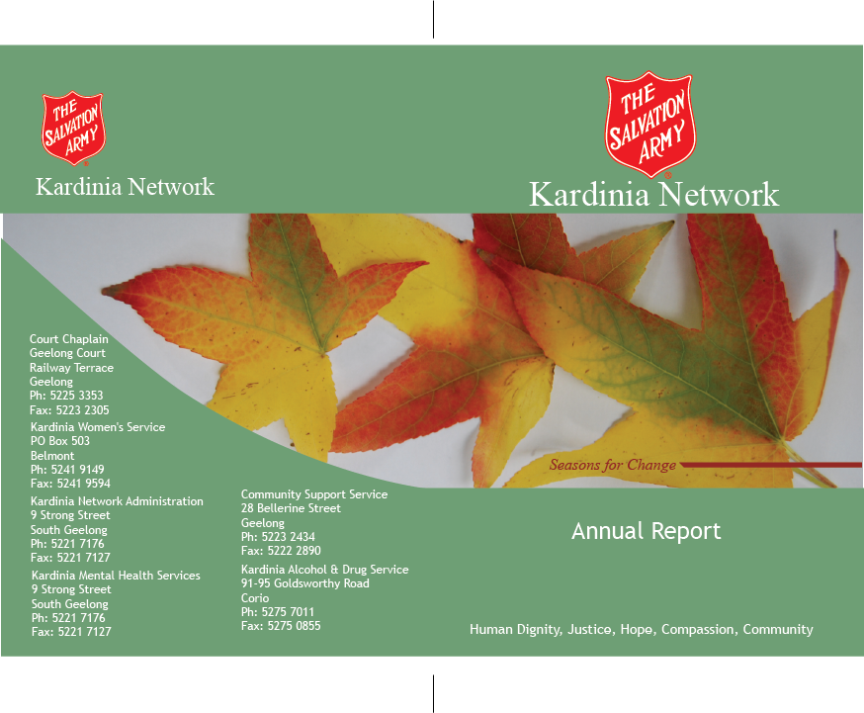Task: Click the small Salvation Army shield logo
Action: pyautogui.click(x=73, y=129)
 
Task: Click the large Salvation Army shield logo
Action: pyautogui.click(x=650, y=125)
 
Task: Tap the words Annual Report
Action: pyautogui.click(x=646, y=531)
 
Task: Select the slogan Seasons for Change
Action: pyautogui.click(x=612, y=465)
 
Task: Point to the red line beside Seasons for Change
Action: pyautogui.click(x=771, y=465)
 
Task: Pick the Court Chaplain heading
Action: pyautogui.click(x=69, y=339)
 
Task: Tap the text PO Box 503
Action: pyautogui.click(x=60, y=441)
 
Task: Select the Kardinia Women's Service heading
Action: pyautogui.click(x=98, y=427)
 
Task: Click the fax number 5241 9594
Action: pyautogui.click(x=83, y=484)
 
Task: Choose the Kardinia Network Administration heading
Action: pyautogui.click(x=117, y=501)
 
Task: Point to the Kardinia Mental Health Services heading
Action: pyautogui.click(x=116, y=576)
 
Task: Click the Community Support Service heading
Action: pyautogui.click(x=314, y=494)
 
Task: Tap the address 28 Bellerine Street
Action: pyautogui.click(x=291, y=508)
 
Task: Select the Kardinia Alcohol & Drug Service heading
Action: pyautogui.click(x=324, y=570)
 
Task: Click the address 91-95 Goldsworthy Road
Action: pyautogui.click(x=305, y=583)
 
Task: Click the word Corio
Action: pyautogui.click(x=255, y=598)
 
